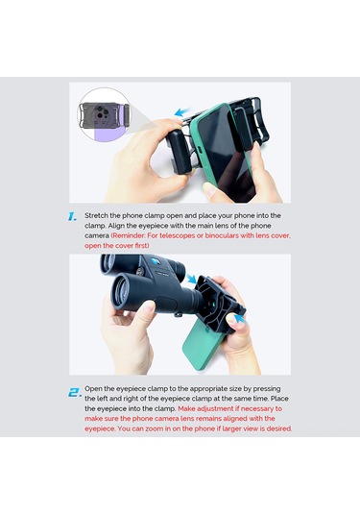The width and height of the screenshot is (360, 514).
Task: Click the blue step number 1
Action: (73, 216)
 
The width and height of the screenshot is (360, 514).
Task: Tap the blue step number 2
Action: (75, 392)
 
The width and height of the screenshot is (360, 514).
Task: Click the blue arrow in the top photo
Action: (182, 111)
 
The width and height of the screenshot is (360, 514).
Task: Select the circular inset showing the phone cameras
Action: (103, 115)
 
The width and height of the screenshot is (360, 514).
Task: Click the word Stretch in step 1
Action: (96, 216)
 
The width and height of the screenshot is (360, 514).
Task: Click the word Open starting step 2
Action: (92, 389)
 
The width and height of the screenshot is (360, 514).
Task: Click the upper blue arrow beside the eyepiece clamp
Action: (191, 279)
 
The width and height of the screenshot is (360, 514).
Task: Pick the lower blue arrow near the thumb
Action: (239, 318)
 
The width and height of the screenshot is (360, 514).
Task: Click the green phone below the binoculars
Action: (201, 348)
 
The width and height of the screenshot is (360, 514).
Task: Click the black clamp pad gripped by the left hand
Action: (180, 152)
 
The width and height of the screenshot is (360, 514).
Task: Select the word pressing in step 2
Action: (267, 389)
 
